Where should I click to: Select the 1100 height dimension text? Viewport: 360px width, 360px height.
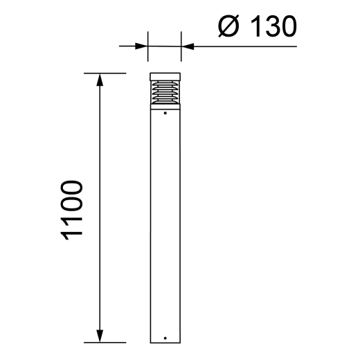coord(71,210)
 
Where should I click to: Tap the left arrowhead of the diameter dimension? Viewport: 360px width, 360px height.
coord(143,46)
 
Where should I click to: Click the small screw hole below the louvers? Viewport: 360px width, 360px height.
coord(165,113)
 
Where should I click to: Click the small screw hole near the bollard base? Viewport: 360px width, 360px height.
coord(165,339)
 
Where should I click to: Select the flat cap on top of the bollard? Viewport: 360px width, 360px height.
coord(165,76)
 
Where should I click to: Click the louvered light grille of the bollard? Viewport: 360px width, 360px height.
coord(165,94)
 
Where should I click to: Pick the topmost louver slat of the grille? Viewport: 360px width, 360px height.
coord(165,84)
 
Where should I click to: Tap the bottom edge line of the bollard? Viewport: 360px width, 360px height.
coord(165,343)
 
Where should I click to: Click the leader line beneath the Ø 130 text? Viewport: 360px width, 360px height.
coord(242,46)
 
